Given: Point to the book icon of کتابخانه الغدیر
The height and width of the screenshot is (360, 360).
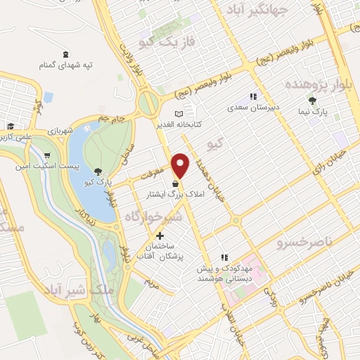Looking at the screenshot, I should point(179,113).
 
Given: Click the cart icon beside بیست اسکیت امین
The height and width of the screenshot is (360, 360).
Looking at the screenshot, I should point(46,156).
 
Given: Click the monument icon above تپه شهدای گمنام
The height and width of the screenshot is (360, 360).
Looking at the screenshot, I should point(66,54).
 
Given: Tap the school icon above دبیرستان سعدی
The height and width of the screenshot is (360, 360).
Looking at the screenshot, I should point(253,97).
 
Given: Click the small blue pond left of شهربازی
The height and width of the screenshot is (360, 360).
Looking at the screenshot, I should point(48,96).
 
